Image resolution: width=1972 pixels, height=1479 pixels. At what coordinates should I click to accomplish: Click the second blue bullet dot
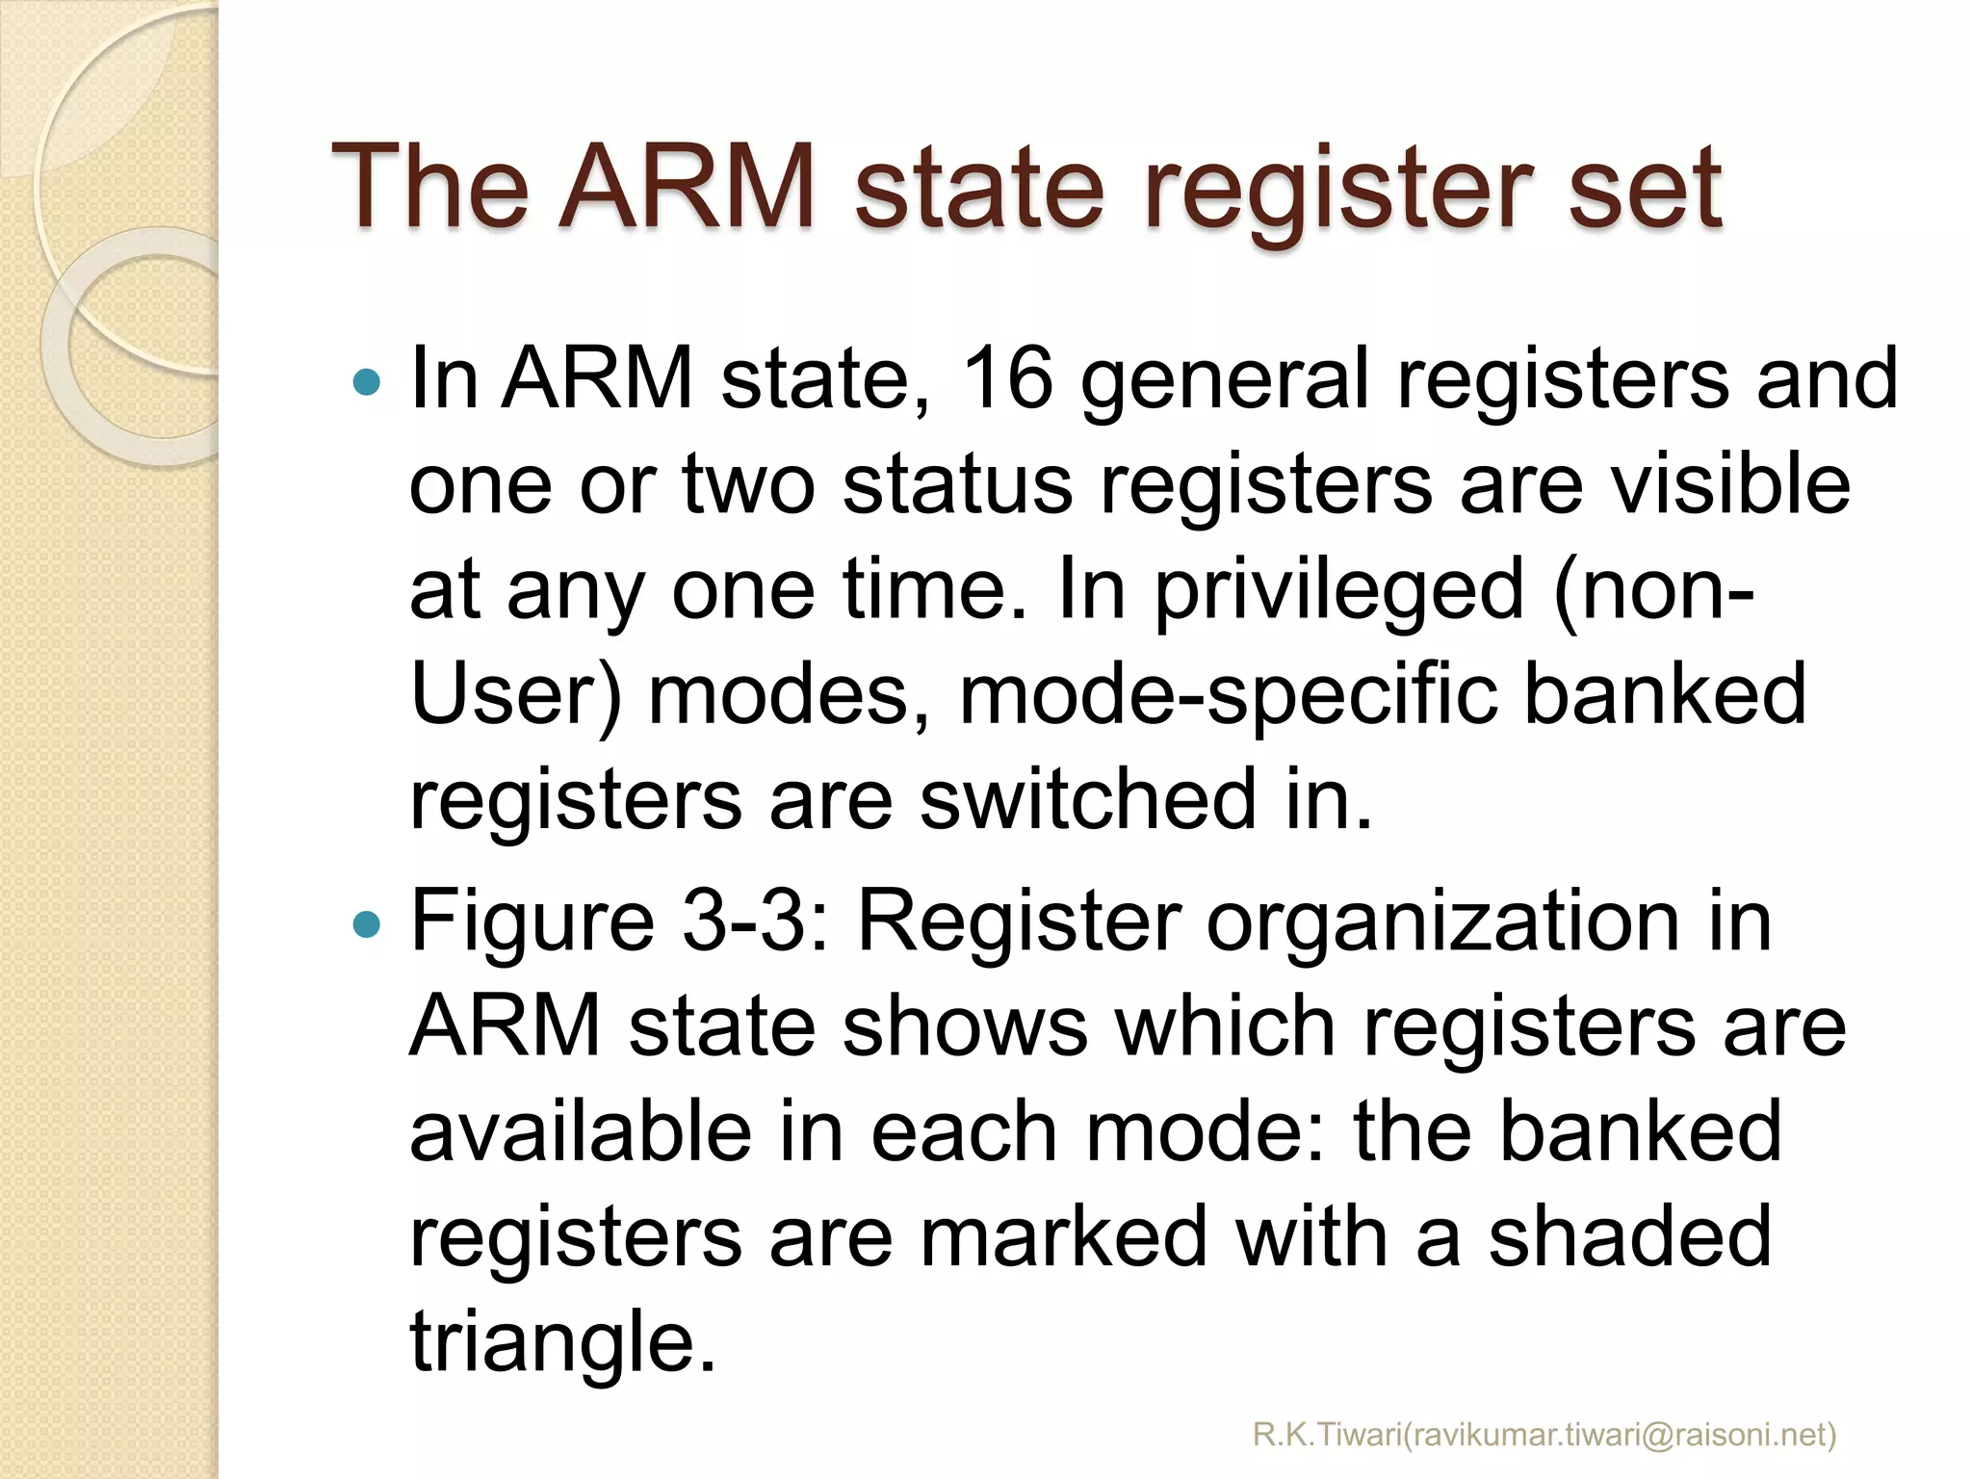pyautogui.click(x=367, y=925)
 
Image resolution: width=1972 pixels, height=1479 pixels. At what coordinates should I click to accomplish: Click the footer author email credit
pyautogui.click(x=1544, y=1436)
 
